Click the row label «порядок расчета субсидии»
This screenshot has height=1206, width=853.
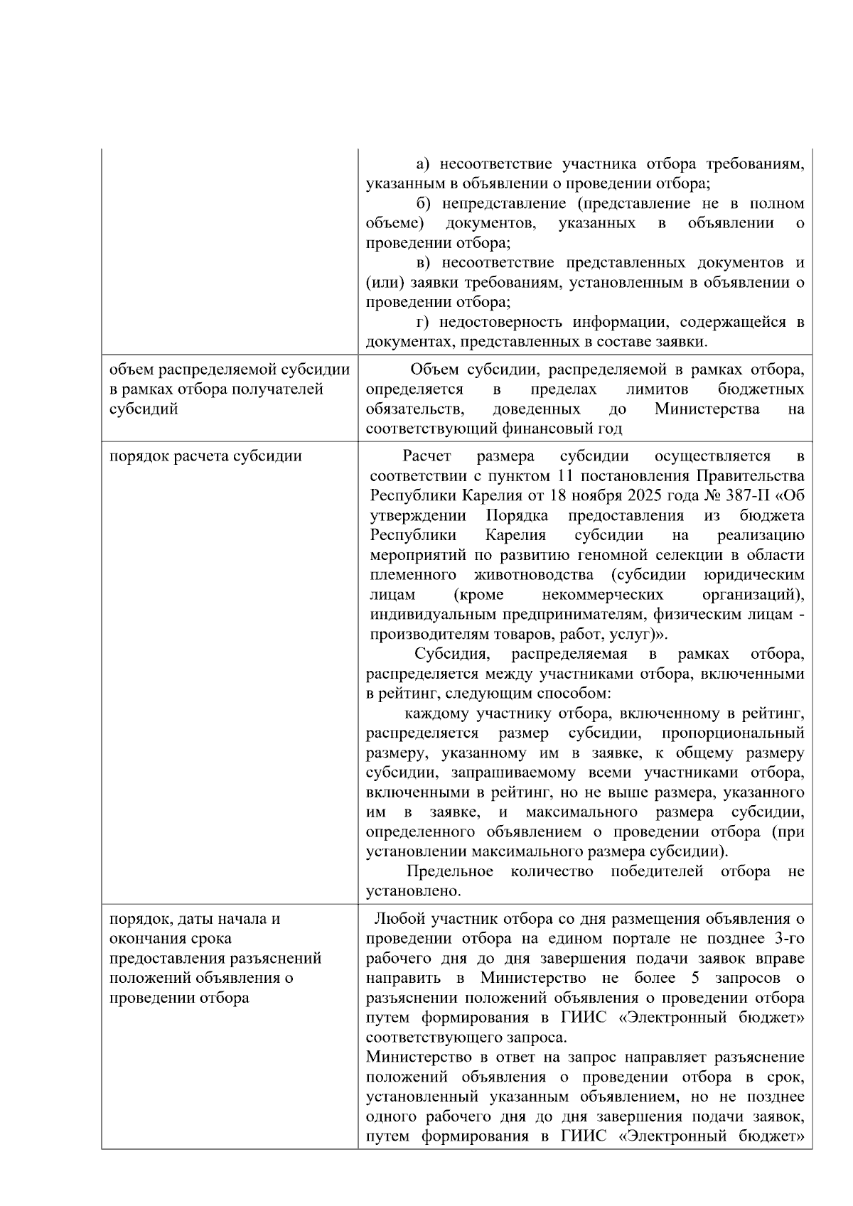point(205,456)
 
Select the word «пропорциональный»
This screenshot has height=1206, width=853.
point(733,733)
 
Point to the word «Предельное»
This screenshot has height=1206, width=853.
point(450,871)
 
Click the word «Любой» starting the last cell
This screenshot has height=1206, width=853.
point(395,919)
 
